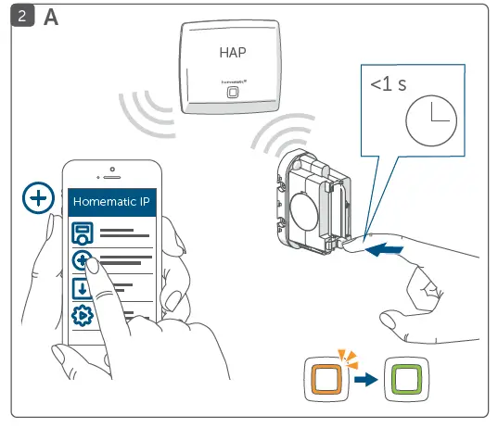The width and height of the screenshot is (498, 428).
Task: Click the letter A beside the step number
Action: click(x=52, y=19)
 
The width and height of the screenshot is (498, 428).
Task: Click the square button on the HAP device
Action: click(x=232, y=93)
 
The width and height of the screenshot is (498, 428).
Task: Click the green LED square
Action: click(x=404, y=381)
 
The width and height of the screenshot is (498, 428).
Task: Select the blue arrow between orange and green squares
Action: click(x=366, y=381)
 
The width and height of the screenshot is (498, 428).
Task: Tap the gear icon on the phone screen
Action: click(x=83, y=315)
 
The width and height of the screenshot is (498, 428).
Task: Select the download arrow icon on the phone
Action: click(x=83, y=288)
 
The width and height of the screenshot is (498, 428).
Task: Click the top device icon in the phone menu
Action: click(x=83, y=233)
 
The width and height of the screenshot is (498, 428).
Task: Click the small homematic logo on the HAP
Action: click(x=232, y=82)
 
